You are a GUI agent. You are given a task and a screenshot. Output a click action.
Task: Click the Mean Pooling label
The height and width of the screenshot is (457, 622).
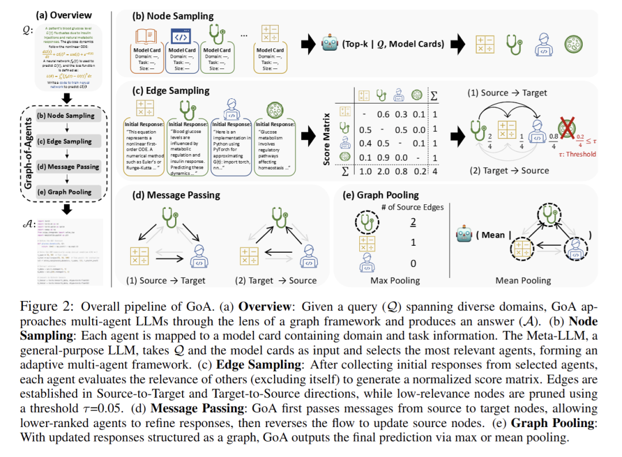[523, 280]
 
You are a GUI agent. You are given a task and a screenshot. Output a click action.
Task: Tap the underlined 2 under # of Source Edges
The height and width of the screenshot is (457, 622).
[413, 222]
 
